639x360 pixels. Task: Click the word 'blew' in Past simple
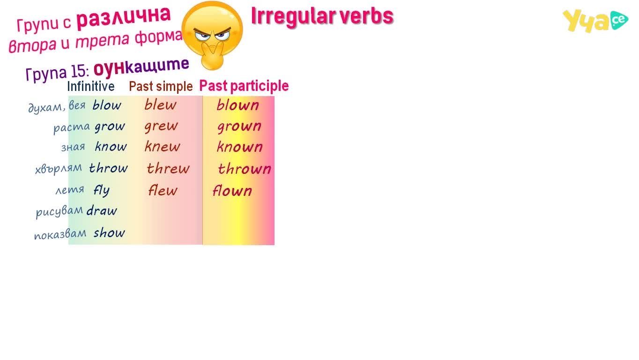pyautogui.click(x=160, y=105)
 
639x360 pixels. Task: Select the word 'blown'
pyautogui.click(x=238, y=105)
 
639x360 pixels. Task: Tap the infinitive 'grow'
pyautogui.click(x=110, y=127)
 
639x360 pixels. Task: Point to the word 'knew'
pyautogui.click(x=162, y=146)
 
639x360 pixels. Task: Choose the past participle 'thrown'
pyautogui.click(x=245, y=168)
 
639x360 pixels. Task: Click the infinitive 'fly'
pyautogui.click(x=102, y=190)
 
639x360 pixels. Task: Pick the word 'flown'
pyautogui.click(x=232, y=190)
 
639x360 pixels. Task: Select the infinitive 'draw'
pyautogui.click(x=102, y=211)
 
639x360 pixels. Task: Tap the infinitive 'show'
pyautogui.click(x=109, y=232)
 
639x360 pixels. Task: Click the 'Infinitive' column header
pyautogui.click(x=91, y=86)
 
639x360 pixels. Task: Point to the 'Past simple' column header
pyautogui.click(x=161, y=86)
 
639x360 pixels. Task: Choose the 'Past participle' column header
pyautogui.click(x=244, y=86)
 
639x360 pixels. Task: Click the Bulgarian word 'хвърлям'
pyautogui.click(x=59, y=168)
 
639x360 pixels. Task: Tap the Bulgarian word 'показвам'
pyautogui.click(x=60, y=234)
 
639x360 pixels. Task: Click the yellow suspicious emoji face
pyautogui.click(x=212, y=36)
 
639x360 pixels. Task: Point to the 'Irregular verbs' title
pyautogui.click(x=322, y=16)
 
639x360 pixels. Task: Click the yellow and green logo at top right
pyautogui.click(x=595, y=21)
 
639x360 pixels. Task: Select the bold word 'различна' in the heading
pyautogui.click(x=124, y=17)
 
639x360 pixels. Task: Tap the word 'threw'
pyautogui.click(x=168, y=168)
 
